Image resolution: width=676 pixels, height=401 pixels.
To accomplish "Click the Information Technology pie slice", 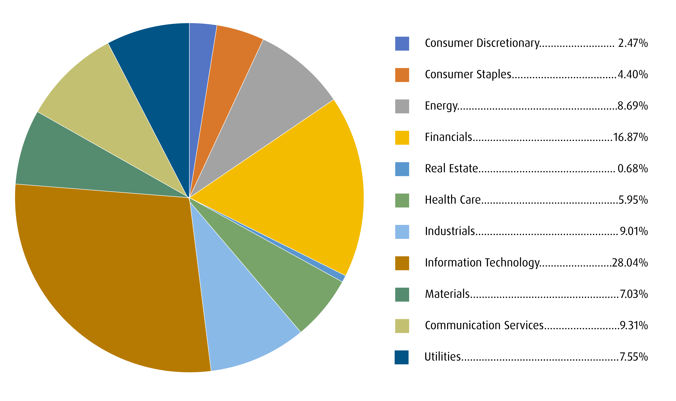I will [x=108, y=270].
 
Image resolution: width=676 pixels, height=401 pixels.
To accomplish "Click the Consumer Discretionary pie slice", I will [x=200, y=68].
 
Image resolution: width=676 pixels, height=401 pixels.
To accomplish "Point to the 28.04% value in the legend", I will [x=630, y=263].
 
